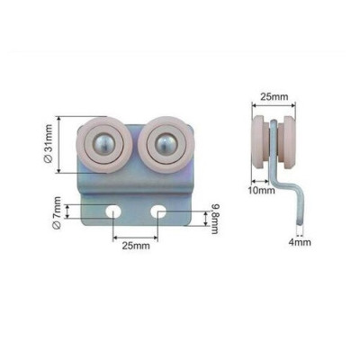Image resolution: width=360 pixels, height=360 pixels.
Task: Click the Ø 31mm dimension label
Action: pos(49,144)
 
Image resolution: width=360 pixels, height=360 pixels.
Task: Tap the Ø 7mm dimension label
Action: pos(57,212)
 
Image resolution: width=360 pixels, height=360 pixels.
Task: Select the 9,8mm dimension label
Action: pos(215,219)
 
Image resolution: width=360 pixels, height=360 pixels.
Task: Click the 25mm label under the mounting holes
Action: pos(136,246)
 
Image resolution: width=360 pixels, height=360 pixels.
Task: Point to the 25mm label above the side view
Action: pos(274,97)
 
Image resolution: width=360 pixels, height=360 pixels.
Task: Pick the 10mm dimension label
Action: pos(261,190)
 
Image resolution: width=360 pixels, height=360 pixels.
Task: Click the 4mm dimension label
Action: pos(300,242)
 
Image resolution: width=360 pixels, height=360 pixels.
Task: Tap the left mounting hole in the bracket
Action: pos(113,211)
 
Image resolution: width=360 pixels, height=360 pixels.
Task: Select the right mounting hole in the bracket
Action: pos(158,211)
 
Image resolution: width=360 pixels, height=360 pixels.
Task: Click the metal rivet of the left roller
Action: pos(104,144)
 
